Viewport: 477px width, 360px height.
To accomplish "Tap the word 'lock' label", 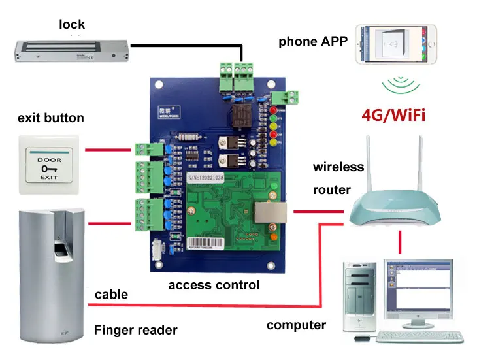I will pos(72,25).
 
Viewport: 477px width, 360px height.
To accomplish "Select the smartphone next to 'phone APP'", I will pos(395,45).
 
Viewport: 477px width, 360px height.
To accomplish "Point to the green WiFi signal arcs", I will pos(399,86).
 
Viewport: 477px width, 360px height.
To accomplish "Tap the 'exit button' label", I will pos(51,118).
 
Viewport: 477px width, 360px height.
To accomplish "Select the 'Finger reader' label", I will pos(135,330).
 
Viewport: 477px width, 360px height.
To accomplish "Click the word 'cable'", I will pos(111,295).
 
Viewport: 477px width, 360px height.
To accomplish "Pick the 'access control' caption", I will pos(214,285).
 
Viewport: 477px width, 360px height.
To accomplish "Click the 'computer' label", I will pos(296,325).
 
